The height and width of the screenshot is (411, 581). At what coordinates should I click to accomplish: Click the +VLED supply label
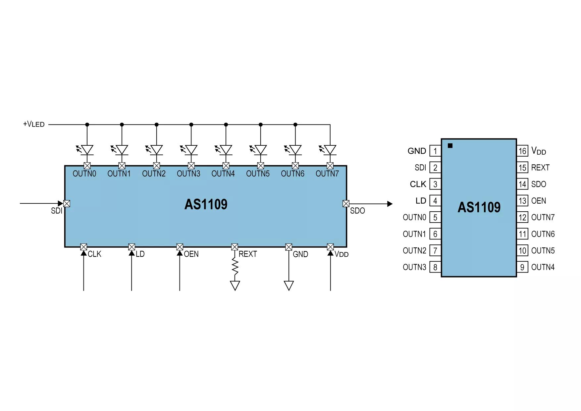click(x=34, y=124)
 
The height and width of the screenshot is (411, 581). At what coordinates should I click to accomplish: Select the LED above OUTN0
click(x=85, y=150)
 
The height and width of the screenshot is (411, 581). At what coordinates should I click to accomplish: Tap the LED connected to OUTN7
click(x=328, y=150)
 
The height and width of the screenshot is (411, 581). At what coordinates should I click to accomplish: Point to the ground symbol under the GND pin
click(x=289, y=285)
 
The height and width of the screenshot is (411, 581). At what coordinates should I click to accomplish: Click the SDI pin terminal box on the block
click(x=67, y=203)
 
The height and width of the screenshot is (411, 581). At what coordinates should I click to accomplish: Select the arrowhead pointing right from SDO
click(x=390, y=204)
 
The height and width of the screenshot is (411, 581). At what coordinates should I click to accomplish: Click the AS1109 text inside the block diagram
click(x=206, y=204)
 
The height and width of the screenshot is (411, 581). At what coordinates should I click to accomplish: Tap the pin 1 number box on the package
click(x=435, y=151)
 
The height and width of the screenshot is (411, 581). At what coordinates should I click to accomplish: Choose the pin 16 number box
click(x=522, y=151)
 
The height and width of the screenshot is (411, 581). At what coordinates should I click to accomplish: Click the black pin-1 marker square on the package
click(x=450, y=146)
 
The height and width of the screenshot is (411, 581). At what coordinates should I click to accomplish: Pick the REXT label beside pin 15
click(x=540, y=168)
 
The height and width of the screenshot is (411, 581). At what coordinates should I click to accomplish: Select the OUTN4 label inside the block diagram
click(x=223, y=174)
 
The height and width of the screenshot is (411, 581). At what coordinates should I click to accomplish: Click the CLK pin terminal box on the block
click(x=83, y=247)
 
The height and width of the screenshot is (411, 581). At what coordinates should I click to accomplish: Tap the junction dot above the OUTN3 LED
click(x=191, y=125)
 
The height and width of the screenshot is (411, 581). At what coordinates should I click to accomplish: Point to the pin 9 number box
click(x=522, y=267)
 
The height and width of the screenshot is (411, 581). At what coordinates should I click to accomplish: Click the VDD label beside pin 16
click(x=539, y=151)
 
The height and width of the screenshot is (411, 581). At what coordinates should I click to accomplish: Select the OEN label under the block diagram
click(x=191, y=254)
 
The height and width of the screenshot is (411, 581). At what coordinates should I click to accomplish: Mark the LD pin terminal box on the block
click(x=132, y=247)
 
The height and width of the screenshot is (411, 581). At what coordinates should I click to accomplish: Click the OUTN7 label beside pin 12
click(x=543, y=217)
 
